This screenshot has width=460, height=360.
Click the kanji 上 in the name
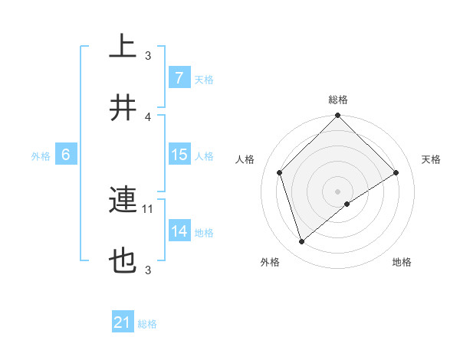click(123, 47)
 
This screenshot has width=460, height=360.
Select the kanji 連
click(123, 201)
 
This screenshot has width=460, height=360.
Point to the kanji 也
click(123, 262)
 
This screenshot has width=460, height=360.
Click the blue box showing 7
click(179, 78)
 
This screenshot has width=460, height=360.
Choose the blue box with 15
click(179, 155)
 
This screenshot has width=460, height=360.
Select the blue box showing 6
click(66, 155)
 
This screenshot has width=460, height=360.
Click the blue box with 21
click(122, 322)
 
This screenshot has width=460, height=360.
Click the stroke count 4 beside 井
click(148, 116)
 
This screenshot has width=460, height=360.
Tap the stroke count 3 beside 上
click(148, 55)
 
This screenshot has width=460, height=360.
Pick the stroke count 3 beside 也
click(148, 270)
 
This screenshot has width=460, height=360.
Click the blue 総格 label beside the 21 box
click(147, 324)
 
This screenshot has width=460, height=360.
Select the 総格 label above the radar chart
click(338, 100)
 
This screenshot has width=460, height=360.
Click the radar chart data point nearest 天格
click(396, 173)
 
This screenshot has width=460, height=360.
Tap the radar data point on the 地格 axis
click(347, 204)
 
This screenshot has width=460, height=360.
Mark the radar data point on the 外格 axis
click(301, 242)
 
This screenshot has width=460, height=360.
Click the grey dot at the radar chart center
click(338, 191)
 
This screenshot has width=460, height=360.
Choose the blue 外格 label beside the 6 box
click(41, 155)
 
